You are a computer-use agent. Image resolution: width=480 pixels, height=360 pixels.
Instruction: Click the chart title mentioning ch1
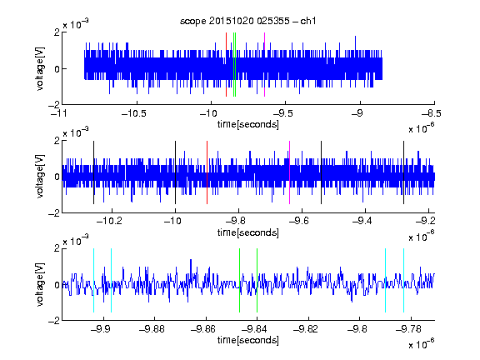tap(247, 21)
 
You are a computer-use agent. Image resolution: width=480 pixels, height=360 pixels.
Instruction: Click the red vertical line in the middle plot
tap(207, 172)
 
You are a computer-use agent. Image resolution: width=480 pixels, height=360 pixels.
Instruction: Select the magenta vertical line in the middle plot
tap(290, 172)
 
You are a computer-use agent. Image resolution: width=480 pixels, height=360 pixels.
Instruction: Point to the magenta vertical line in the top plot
tap(264, 65)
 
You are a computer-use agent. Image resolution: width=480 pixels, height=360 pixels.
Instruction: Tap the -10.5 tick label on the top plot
tap(134, 113)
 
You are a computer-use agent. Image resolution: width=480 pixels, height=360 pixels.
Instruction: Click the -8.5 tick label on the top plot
tap(432, 113)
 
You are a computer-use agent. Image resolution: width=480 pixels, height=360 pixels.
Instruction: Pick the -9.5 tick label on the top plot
tap(282, 113)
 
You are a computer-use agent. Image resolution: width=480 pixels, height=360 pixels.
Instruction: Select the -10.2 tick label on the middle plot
tap(109, 221)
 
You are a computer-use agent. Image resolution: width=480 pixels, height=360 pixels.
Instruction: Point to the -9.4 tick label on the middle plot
tap(362, 221)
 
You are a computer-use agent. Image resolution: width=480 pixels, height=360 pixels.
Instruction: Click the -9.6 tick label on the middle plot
tap(298, 221)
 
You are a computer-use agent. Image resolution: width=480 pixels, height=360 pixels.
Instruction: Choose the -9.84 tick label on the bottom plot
tap(254, 329)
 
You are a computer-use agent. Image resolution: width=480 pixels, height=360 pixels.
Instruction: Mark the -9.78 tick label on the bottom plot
tap(408, 329)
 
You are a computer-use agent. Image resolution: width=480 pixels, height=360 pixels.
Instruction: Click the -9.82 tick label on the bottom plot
tap(306, 329)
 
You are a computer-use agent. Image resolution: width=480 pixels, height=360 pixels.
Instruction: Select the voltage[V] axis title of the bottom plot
tap(40, 284)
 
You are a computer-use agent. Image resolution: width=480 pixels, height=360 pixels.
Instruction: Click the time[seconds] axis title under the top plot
tap(248, 124)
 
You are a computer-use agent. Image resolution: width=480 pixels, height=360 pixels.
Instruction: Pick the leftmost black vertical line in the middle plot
tap(93, 172)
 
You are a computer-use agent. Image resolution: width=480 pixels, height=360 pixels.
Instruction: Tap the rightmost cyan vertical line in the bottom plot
tap(404, 280)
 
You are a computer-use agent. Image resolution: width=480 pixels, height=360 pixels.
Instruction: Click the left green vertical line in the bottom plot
tap(239, 280)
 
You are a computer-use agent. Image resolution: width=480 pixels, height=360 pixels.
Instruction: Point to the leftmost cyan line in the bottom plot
tap(93, 280)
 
